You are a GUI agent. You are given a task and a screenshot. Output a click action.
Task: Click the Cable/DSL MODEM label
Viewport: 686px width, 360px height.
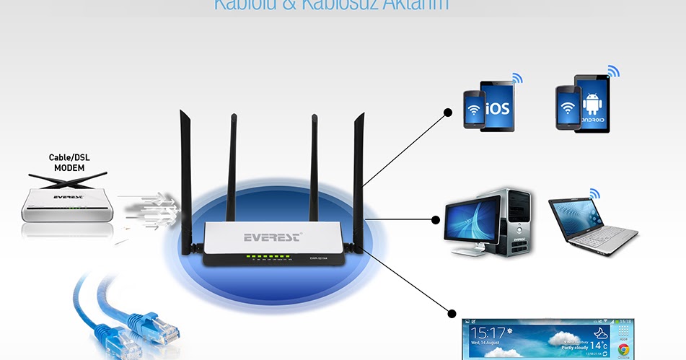click(66, 162)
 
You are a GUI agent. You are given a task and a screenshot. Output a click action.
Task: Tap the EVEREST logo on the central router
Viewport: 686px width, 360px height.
click(272, 237)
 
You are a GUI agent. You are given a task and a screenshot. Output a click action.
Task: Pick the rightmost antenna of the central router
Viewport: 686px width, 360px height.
click(359, 173)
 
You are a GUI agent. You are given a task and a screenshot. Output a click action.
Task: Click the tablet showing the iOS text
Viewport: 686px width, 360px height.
click(497, 106)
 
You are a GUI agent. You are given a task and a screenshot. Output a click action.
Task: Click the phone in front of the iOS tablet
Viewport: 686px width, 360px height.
click(474, 110)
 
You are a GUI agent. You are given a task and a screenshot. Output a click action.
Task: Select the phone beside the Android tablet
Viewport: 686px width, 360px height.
click(568, 108)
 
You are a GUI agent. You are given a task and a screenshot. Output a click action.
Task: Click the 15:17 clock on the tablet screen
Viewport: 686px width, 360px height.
click(487, 333)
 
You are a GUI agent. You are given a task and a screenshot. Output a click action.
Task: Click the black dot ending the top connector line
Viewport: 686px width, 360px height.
click(448, 113)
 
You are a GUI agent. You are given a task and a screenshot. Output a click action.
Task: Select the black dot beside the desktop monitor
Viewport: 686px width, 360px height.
click(436, 219)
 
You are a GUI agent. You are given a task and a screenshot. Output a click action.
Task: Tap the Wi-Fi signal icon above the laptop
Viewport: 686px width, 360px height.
click(594, 193)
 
